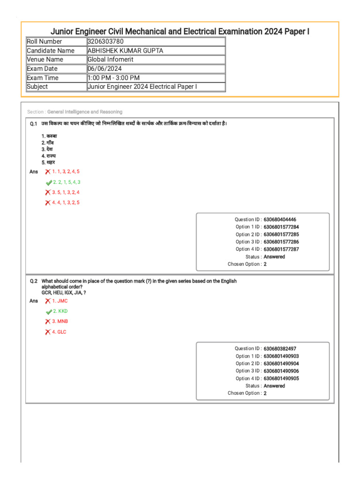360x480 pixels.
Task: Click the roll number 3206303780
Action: tap(105, 42)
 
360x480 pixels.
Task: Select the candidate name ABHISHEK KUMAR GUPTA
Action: tap(125, 51)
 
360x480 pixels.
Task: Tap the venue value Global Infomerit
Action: tap(111, 60)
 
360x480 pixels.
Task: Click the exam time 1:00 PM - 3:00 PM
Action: tap(113, 78)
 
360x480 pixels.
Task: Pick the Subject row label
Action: tap(37, 87)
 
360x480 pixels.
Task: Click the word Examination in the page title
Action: tap(247, 32)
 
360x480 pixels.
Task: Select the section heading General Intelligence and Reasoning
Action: tap(84, 112)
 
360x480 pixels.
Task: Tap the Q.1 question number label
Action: tap(33, 124)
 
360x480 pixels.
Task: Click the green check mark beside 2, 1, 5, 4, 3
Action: tap(49, 182)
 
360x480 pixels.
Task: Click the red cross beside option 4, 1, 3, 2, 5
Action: tap(48, 202)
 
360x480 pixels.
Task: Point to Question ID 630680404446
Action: tap(280, 219)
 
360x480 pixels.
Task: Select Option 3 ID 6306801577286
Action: tap(281, 242)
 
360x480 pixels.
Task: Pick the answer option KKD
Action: tap(60, 311)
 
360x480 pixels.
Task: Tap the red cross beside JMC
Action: tap(48, 301)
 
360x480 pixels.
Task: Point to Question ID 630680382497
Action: tap(280, 349)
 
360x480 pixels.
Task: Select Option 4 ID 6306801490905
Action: tap(281, 378)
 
